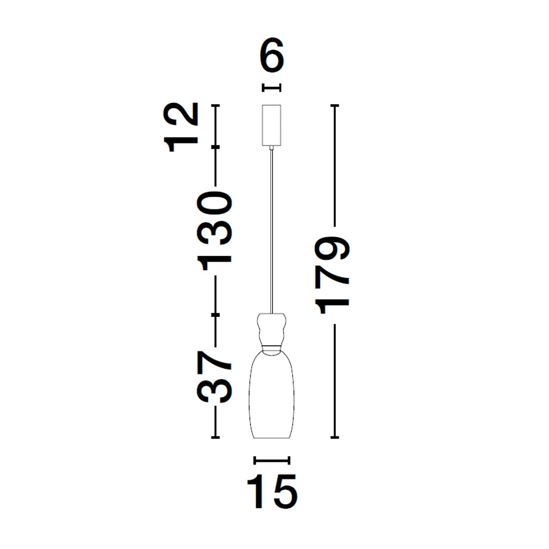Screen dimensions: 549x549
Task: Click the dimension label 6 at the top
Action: (x=272, y=56)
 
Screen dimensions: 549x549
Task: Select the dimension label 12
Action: (x=181, y=127)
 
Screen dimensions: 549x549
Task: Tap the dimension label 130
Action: (x=215, y=231)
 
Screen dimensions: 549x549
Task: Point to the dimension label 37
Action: (x=215, y=377)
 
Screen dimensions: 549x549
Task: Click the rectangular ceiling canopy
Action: (x=271, y=125)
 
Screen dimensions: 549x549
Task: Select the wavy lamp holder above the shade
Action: (x=272, y=329)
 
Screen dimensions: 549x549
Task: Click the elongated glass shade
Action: (x=272, y=396)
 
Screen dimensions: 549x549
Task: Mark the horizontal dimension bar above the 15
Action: (x=272, y=460)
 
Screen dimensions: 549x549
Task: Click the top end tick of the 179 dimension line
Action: (x=335, y=106)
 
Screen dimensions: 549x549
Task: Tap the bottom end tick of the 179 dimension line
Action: (x=335, y=438)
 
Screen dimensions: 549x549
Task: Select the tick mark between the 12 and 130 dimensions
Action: (x=216, y=147)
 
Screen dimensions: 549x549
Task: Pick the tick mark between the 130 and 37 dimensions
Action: (x=216, y=314)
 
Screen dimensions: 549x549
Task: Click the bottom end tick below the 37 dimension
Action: (x=216, y=438)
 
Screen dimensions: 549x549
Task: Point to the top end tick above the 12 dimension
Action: (x=216, y=106)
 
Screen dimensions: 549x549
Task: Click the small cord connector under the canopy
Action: (x=271, y=148)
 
